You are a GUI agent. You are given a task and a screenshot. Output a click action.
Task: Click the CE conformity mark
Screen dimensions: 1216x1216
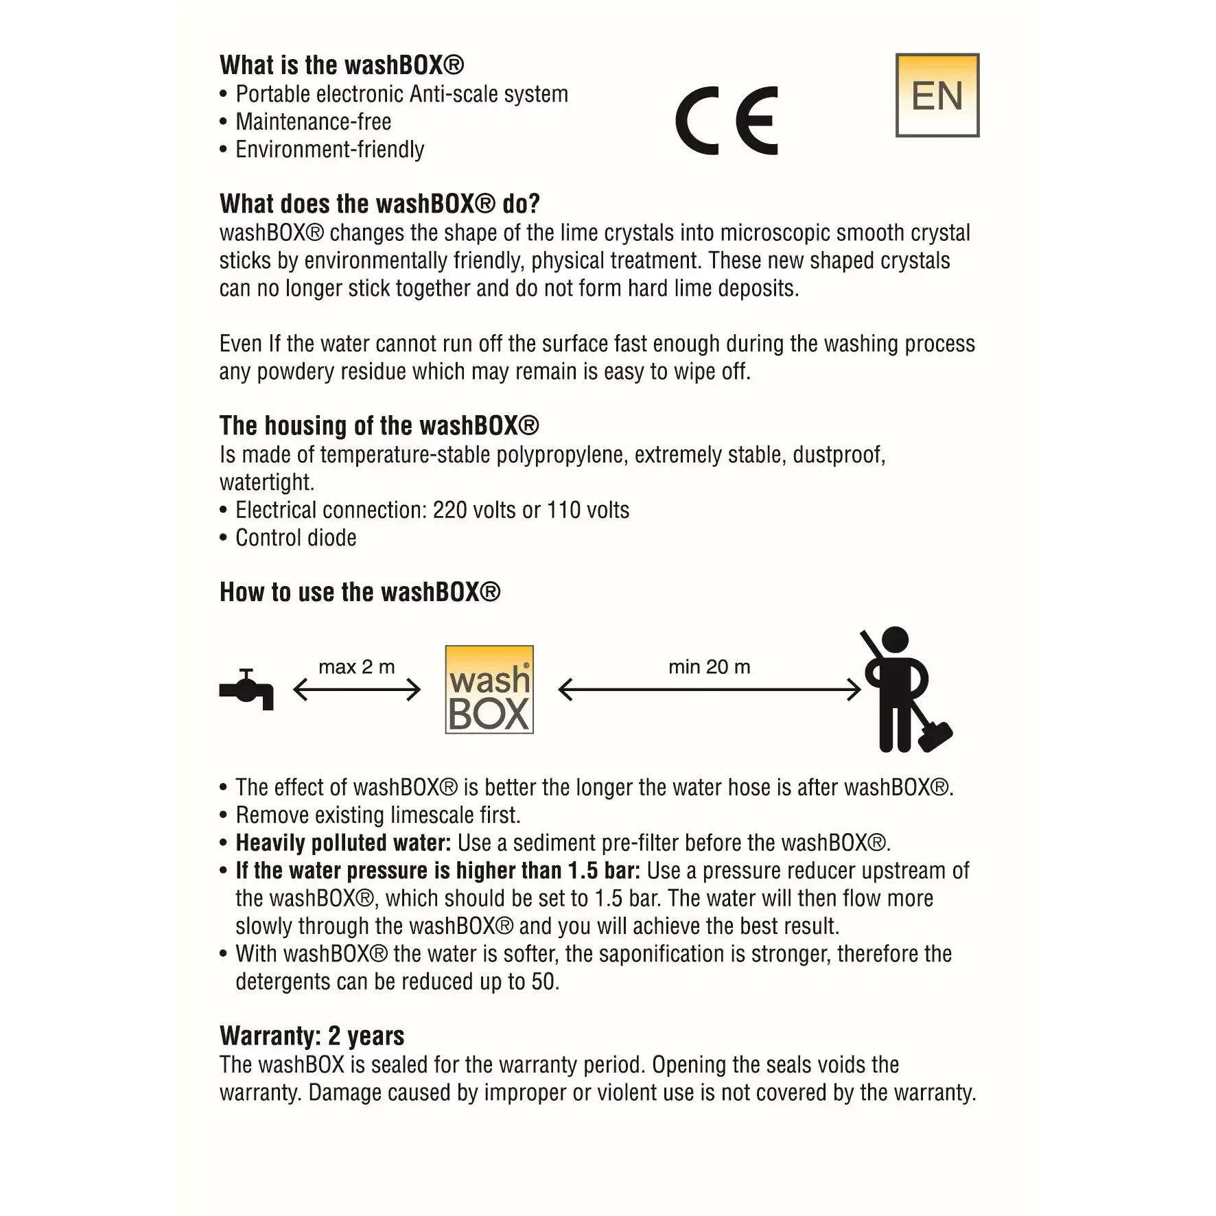727,121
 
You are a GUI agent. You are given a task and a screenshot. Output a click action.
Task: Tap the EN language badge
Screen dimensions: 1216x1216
937,95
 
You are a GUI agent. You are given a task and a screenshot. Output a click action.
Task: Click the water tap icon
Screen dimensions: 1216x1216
246,689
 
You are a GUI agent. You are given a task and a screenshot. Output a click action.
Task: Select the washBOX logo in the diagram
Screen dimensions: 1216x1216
489,690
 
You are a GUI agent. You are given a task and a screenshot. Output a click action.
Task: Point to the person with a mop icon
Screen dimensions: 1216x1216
896,689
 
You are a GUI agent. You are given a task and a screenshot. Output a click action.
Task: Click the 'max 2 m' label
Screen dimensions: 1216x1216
357,667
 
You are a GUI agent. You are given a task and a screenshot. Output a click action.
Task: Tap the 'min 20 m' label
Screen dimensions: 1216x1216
710,667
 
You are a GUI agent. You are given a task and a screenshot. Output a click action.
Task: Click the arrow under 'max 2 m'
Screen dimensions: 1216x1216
357,690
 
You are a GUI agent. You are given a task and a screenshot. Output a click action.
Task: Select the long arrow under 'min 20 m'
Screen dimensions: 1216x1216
710,690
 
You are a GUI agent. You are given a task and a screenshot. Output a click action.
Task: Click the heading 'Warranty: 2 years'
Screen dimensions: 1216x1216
312,1036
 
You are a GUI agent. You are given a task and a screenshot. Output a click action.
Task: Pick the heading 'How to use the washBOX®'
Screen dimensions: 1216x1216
360,592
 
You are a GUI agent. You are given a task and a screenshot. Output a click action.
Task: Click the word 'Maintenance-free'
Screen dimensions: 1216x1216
314,122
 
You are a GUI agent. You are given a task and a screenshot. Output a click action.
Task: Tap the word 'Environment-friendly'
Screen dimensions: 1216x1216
330,150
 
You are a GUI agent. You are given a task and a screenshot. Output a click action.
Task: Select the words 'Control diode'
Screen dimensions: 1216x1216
296,538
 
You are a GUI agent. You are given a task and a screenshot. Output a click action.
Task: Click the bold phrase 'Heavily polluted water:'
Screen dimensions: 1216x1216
343,843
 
